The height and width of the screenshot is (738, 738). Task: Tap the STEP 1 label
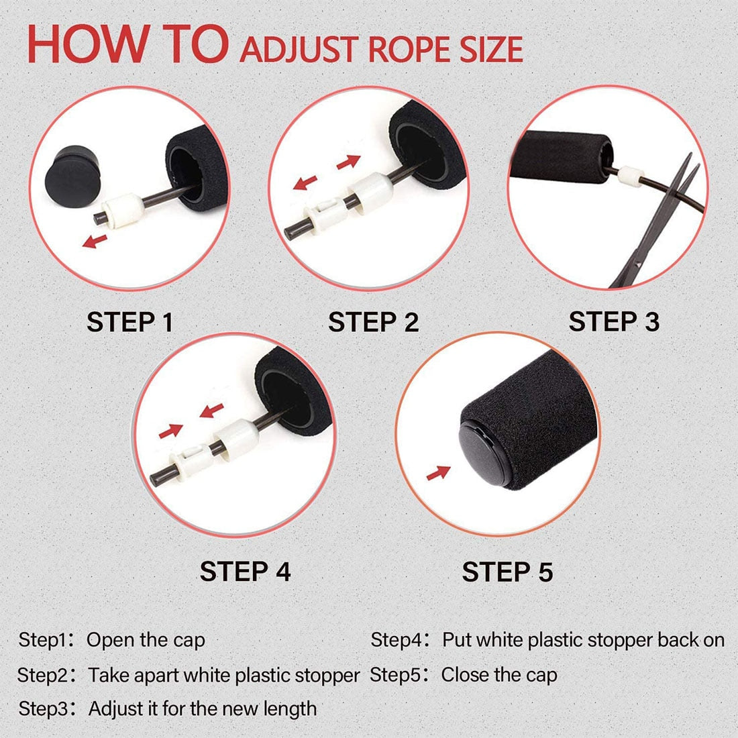129,322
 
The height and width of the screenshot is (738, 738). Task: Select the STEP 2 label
373,322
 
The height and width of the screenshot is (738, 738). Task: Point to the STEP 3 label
614,321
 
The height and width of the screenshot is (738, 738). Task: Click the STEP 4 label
245,572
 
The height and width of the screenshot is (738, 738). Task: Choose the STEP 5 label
507,572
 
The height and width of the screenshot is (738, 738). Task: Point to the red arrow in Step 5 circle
438,472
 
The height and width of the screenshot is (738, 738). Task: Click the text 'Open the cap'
146,640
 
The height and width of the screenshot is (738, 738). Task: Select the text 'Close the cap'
499,674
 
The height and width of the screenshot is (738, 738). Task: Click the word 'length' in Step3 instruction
289,708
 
